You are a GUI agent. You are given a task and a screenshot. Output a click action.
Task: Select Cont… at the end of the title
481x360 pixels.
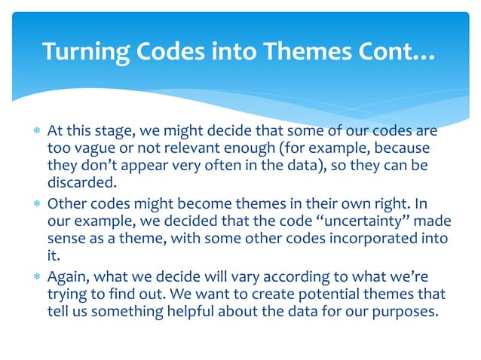[397, 51]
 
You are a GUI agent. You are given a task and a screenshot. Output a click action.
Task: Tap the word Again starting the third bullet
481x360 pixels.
[67, 276]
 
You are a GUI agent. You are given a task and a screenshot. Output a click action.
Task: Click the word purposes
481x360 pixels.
[406, 309]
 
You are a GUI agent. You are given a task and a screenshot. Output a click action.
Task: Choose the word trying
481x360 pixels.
[66, 292]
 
